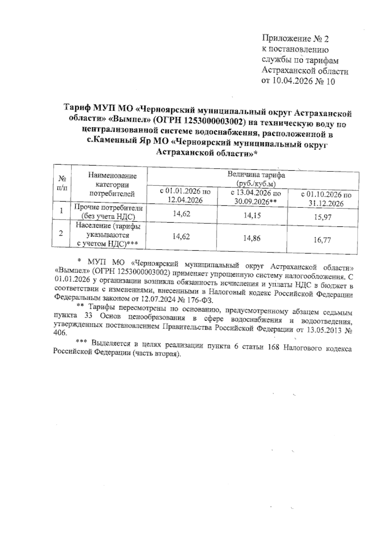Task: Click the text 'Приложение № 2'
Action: point(295,39)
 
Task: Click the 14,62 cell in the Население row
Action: point(181,236)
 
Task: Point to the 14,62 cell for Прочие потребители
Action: point(181,213)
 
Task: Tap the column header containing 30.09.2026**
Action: point(256,197)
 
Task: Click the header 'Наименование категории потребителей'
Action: point(112,185)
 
